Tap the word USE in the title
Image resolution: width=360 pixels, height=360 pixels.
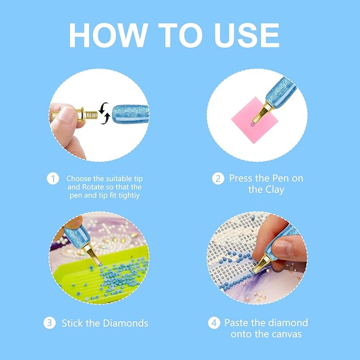point(247,35)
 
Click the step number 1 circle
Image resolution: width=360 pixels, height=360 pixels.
point(53,179)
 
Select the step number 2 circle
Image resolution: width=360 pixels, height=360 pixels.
point(218,179)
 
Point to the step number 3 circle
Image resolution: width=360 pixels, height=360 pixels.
point(50,323)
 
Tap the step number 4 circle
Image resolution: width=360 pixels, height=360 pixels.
point(214,323)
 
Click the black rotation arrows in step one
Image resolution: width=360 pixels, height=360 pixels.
point(104,113)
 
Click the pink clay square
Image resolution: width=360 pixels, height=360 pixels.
point(254,120)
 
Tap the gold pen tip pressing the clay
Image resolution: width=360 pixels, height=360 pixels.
point(262,113)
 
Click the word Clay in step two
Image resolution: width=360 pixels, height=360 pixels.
point(275,190)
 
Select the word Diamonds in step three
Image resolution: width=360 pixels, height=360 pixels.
point(125,323)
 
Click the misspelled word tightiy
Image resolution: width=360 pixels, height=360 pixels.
point(129,196)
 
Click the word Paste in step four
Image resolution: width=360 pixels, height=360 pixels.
point(236,323)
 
